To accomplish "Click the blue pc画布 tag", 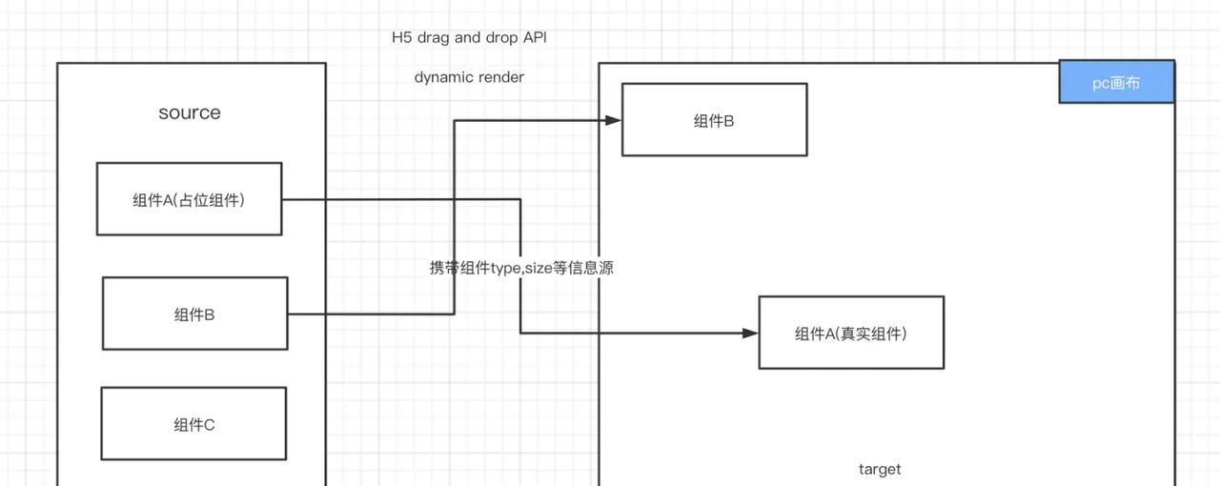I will (1116, 83).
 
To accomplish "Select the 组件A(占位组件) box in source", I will (189, 199).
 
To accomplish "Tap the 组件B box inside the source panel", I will (194, 314).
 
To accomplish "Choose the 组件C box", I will (193, 424).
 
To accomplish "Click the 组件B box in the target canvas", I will (714, 120).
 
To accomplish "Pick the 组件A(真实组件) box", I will (851, 333).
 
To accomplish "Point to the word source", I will (190, 112).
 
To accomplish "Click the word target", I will (879, 469).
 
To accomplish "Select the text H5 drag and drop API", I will (469, 38).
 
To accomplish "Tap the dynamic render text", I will (469, 77).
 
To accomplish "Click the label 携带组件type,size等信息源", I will (521, 268).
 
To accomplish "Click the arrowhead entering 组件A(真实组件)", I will (752, 333).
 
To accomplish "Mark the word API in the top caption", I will (534, 38).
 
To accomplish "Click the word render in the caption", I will (501, 77).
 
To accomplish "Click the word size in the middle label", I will (539, 268).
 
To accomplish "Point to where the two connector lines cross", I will (454, 199).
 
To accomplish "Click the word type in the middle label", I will (504, 268).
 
